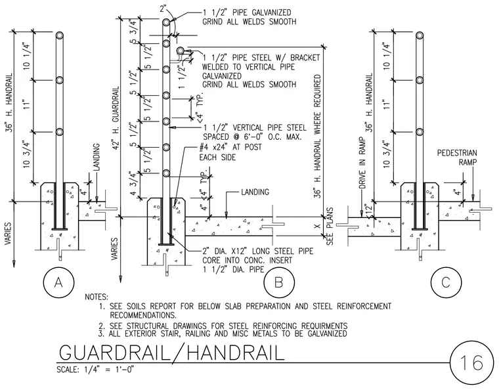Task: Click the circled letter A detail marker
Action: [x=58, y=282]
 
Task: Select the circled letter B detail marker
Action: [x=279, y=282]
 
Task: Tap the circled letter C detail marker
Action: [x=446, y=282]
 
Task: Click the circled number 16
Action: [x=471, y=363]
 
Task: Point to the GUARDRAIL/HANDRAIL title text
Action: [x=171, y=353]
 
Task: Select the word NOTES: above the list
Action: [x=97, y=297]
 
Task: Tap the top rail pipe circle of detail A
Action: [x=60, y=35]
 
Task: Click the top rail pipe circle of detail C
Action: [x=420, y=35]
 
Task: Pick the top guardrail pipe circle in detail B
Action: [x=166, y=22]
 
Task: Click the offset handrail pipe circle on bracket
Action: [x=181, y=51]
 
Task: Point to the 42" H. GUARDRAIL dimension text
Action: [x=116, y=118]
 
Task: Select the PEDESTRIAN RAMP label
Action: [x=457, y=158]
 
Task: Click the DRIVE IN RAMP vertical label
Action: [x=362, y=163]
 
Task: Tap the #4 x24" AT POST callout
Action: [x=230, y=147]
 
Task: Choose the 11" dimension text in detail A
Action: [x=26, y=104]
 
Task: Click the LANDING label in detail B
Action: [x=255, y=192]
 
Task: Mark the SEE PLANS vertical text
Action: [x=330, y=227]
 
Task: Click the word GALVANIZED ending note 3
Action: [x=327, y=334]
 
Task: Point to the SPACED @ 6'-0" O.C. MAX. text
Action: [x=252, y=137]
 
